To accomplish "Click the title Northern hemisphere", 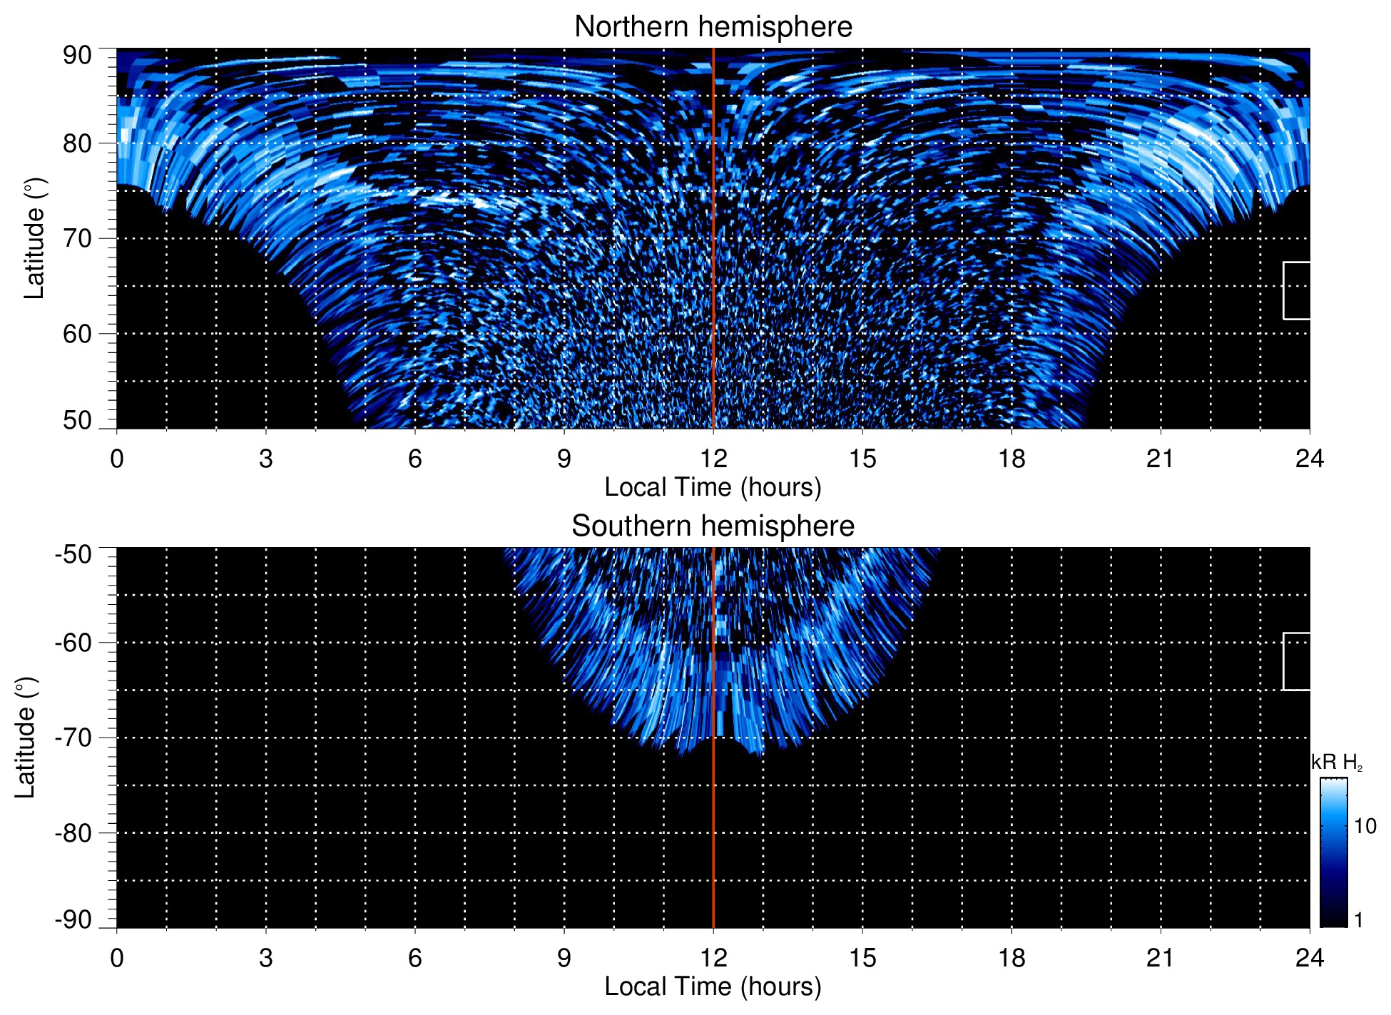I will (713, 27).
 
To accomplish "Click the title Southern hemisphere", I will (713, 526).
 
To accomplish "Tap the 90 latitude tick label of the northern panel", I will (77, 55).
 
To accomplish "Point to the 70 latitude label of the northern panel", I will (77, 238).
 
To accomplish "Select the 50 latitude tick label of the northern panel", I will (77, 420).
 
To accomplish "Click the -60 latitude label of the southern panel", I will (73, 642).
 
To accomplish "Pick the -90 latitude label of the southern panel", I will (73, 919).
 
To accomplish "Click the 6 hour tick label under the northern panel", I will (414, 459).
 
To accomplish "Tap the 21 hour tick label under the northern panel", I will (1160, 459).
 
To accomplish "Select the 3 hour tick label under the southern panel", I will (265, 958).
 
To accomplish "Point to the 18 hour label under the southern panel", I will (1011, 958).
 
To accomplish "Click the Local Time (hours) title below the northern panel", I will (713, 487).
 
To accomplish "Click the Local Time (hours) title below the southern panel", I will (713, 986).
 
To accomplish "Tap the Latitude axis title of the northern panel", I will (34, 238).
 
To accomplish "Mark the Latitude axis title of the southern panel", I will (26, 738).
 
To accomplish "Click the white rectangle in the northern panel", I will (1297, 290).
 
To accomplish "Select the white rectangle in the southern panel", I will (1297, 661).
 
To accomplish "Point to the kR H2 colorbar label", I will (1337, 762).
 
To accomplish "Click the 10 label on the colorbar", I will (1365, 826).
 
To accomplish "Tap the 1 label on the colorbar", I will (1358, 920).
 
